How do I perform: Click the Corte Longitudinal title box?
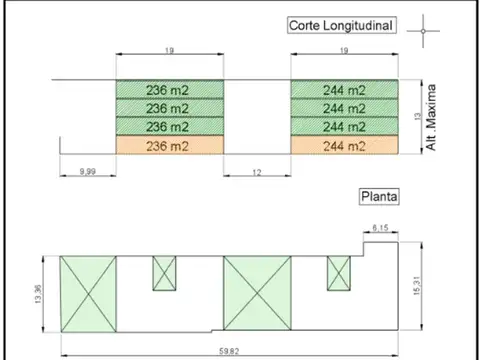342,25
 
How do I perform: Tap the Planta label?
379,197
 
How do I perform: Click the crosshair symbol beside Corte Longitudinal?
423,31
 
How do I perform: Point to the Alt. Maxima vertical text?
431,117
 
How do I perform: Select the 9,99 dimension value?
88,171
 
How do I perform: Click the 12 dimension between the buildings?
257,172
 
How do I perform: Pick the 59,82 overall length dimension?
229,351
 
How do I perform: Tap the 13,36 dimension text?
38,294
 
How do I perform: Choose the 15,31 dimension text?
417,286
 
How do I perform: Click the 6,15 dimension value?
380,228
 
